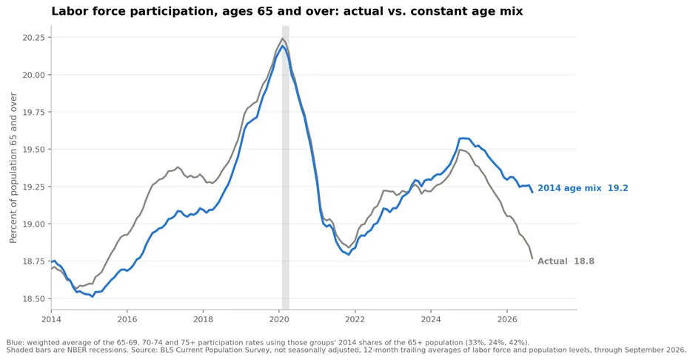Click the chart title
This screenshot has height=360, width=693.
[x=287, y=11]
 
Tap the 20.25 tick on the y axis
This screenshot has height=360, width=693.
[x=34, y=38]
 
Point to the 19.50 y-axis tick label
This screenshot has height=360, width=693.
[x=34, y=150]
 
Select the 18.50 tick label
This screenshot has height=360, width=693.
[x=34, y=299]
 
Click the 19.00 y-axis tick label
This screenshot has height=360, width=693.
[x=34, y=224]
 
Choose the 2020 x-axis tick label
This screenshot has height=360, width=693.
[x=279, y=319]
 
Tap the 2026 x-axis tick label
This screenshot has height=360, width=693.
[x=507, y=319]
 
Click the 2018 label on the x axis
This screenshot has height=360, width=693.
[x=203, y=319]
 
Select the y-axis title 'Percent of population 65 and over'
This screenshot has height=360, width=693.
[x=13, y=167]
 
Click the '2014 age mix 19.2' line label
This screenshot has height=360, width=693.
[x=583, y=188]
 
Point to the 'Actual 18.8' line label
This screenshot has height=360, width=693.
[x=566, y=261]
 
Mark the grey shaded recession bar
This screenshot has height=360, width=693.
[x=286, y=167]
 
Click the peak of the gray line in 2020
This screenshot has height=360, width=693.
[x=282, y=39]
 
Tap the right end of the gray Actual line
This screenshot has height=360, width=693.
[x=532, y=259]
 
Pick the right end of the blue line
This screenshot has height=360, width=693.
[x=532, y=192]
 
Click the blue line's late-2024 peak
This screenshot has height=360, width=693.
[x=463, y=139]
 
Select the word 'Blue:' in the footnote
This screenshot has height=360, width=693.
[x=15, y=342]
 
